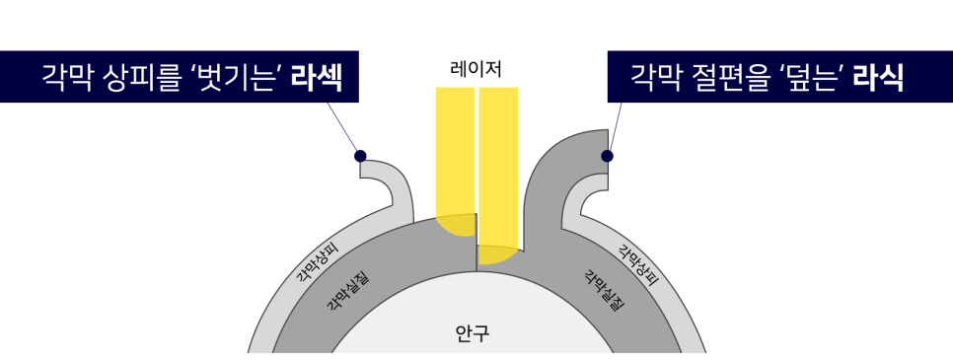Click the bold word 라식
pos(878,77)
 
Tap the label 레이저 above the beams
pos(476,69)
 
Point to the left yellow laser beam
pos(455,161)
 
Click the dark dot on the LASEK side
pos(360,156)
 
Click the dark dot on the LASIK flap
pos(607,156)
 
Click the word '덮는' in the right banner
pos(811,77)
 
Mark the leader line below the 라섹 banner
pos(342,127)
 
